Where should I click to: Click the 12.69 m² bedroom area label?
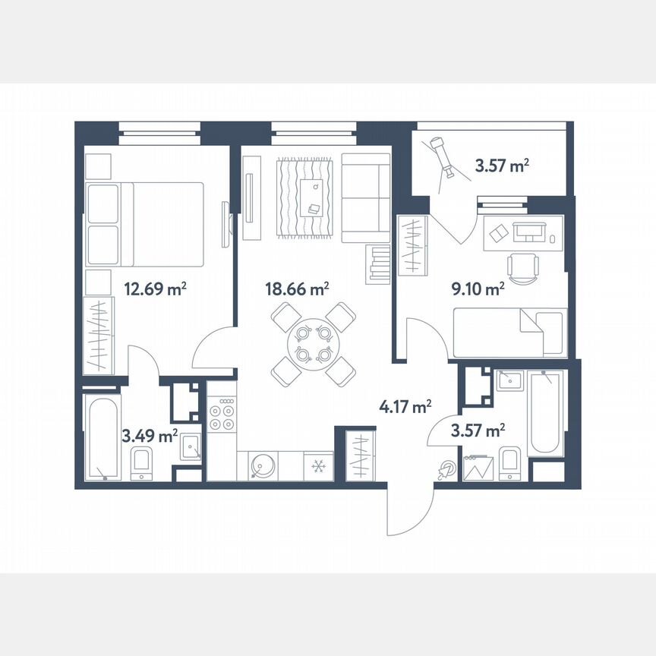[x=155, y=289]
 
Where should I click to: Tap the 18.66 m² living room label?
[x=297, y=289]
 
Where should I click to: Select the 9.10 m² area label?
[x=478, y=289]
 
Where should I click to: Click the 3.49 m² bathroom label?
[x=150, y=435]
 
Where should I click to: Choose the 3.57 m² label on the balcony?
[x=501, y=166]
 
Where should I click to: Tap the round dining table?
[x=314, y=343]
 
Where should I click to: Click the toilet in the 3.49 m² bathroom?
[x=141, y=463]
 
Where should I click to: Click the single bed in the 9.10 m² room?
[x=509, y=333]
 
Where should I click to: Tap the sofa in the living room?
[x=365, y=197]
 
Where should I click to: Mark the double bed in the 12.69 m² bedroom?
[x=145, y=224]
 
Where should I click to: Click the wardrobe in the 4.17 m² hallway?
[x=359, y=455]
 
